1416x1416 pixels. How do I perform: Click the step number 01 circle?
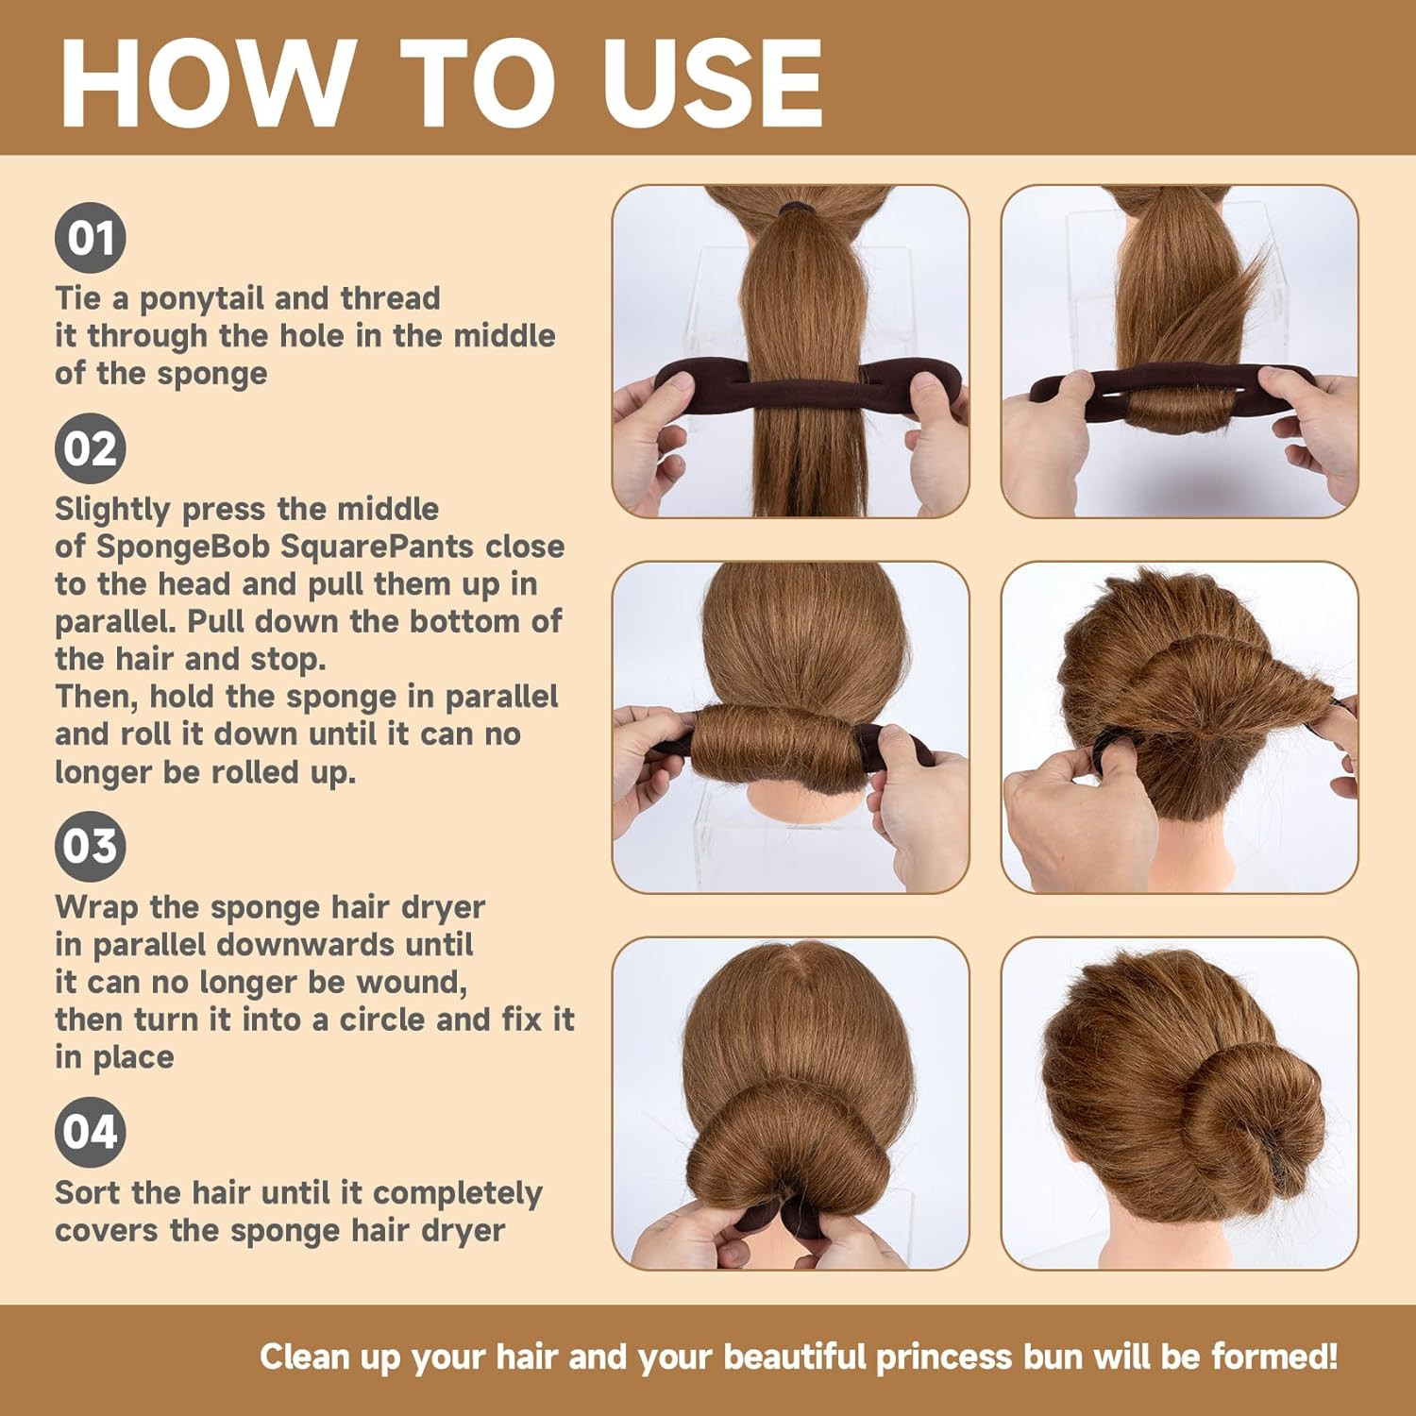pos(90,238)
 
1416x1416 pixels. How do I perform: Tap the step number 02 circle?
pos(90,448)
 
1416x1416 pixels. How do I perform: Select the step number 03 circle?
pos(90,847)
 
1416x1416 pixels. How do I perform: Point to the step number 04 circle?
pos(90,1132)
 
